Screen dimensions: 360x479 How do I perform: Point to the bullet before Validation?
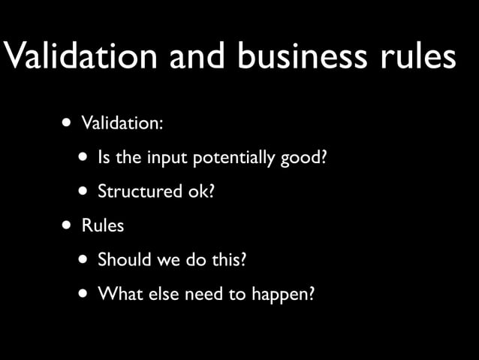(x=68, y=122)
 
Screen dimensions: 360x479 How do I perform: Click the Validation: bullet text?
(x=122, y=123)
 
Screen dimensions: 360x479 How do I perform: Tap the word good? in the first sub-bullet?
(x=306, y=159)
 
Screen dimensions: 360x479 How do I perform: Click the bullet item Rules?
(x=103, y=225)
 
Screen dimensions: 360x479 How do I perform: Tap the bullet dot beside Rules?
(x=68, y=225)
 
